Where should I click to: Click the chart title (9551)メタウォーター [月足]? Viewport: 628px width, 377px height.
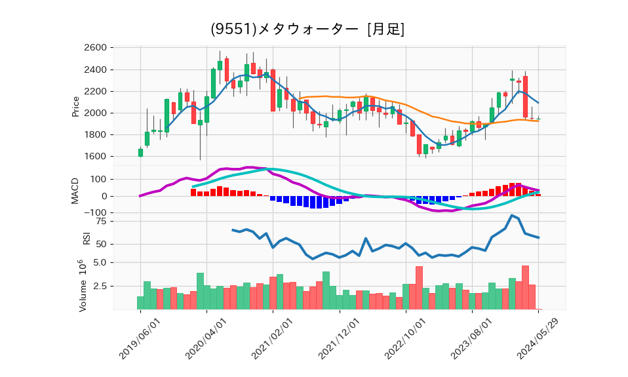(x=307, y=30)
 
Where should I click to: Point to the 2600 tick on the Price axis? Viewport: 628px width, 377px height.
(x=96, y=48)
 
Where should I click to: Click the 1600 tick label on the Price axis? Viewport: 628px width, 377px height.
(x=96, y=157)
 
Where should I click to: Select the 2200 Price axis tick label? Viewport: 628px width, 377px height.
(x=96, y=92)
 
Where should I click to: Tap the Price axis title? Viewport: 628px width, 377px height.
(x=75, y=106)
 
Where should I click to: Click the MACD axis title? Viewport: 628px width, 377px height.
(x=75, y=190)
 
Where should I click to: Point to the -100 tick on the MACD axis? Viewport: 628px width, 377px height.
(x=94, y=212)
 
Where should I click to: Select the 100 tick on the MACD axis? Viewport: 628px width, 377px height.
(x=98, y=179)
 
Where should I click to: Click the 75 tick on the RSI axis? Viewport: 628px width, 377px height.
(x=102, y=222)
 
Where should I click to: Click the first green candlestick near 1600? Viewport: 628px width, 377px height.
(x=140, y=153)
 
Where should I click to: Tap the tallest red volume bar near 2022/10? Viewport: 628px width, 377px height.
(x=419, y=287)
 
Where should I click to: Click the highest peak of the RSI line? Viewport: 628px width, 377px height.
(x=511, y=216)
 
